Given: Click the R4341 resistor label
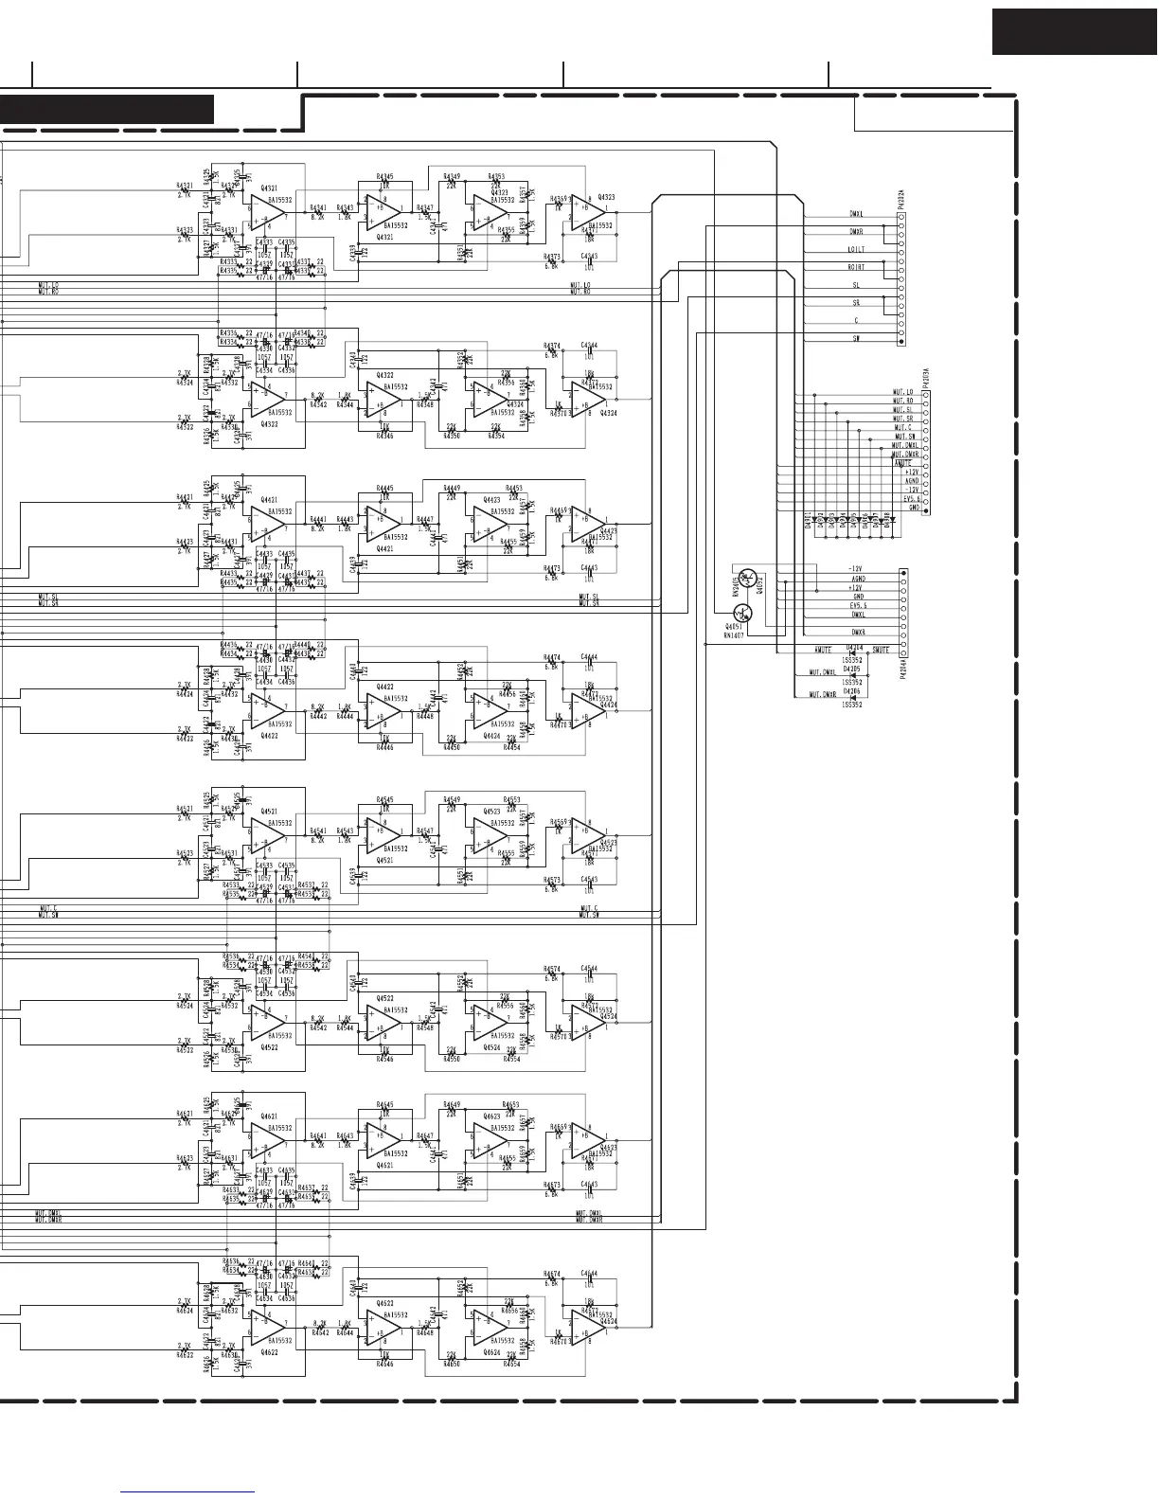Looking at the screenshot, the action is pos(317,207).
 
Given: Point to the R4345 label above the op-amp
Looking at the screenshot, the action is pos(384,176).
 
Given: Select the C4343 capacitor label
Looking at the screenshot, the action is pos(589,257).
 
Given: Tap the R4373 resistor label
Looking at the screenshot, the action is pos(552,257).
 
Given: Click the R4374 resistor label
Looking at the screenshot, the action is pos(552,346).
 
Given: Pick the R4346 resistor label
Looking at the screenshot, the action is pos(384,437).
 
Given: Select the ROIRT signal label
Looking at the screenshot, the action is pos(856,267).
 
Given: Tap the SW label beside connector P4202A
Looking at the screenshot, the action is pos(856,338).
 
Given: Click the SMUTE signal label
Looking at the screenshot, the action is pos(881,651).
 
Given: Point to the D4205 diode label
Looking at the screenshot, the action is pos(852,667).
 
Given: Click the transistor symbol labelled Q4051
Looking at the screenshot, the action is pos(742,614).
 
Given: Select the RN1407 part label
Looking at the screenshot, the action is pos(734,636).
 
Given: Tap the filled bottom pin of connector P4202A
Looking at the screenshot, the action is pos(901,341).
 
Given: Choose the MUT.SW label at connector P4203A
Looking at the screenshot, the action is pos(903,437).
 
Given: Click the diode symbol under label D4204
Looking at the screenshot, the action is pos(852,652).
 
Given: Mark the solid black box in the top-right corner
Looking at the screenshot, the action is pos(1075,31).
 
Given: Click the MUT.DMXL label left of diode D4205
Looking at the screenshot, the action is pos(822,673).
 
